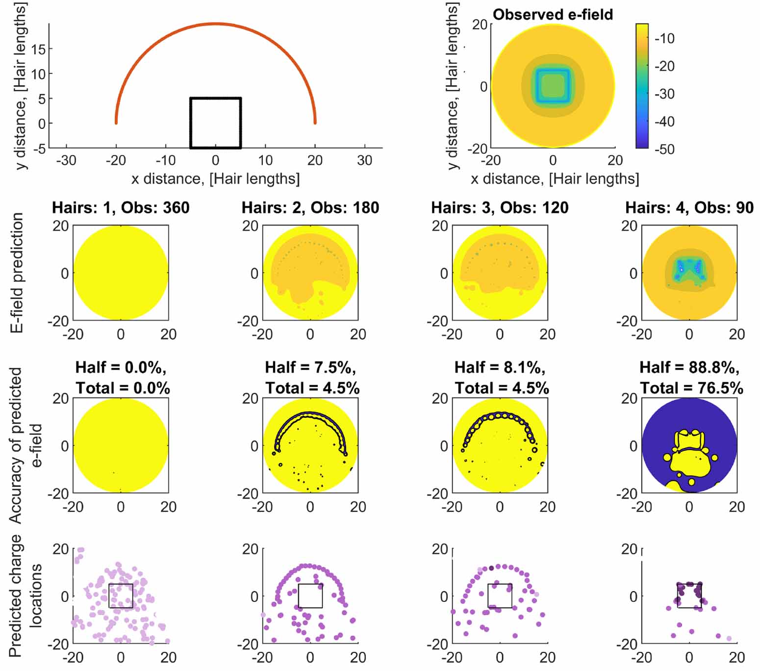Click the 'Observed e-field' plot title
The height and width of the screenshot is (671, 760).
click(553, 15)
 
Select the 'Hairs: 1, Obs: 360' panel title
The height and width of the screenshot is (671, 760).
click(121, 207)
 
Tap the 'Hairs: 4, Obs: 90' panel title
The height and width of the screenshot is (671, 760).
click(689, 207)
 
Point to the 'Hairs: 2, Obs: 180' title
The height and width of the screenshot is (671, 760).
click(310, 207)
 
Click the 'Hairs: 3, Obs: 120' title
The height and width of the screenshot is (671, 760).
click(500, 207)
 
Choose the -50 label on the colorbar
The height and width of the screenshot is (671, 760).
click(664, 149)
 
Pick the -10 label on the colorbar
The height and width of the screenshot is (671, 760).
click(664, 38)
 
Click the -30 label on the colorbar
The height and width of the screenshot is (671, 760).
click(664, 94)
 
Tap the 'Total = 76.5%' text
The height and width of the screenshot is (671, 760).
click(691, 388)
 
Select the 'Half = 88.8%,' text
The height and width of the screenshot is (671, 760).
click(689, 368)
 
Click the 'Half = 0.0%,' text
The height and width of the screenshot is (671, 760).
click(121, 368)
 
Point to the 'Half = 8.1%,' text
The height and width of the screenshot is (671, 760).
click(500, 368)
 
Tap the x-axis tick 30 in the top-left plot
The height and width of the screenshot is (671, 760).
click(364, 160)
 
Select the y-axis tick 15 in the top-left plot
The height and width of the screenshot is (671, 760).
click(38, 49)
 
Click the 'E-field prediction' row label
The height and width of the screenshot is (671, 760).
click(18, 273)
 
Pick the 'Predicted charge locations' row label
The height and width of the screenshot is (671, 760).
click(25, 596)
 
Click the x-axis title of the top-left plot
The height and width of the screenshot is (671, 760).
click(215, 179)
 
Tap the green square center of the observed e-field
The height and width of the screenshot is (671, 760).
click(553, 86)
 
